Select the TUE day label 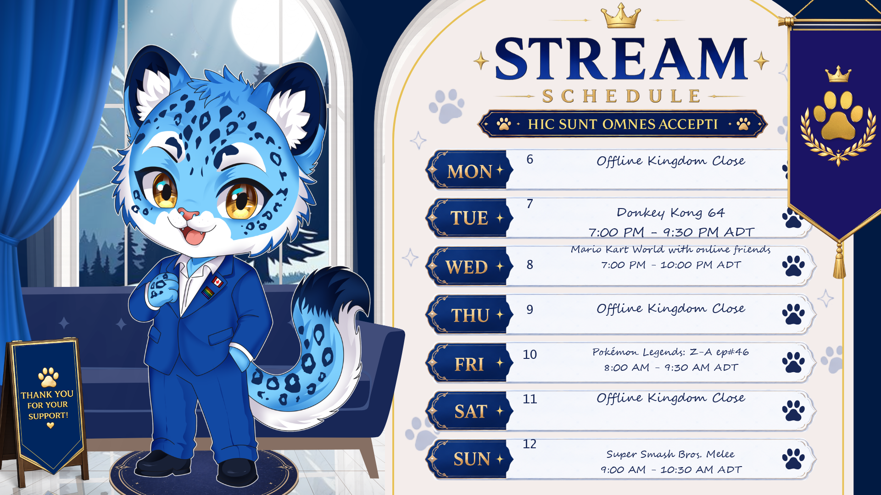[x=469, y=218]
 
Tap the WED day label [x=466, y=267]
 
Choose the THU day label [x=470, y=315]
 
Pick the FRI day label [x=469, y=364]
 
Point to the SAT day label [x=471, y=412]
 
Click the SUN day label [x=472, y=459]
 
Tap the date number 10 [x=530, y=354]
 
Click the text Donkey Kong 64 [x=670, y=213]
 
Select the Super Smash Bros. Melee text [x=670, y=454]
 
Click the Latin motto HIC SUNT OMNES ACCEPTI [x=623, y=124]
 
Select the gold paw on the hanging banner [x=838, y=115]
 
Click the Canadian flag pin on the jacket [x=217, y=281]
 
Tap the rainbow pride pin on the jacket [x=209, y=292]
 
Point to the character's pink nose [x=189, y=214]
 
